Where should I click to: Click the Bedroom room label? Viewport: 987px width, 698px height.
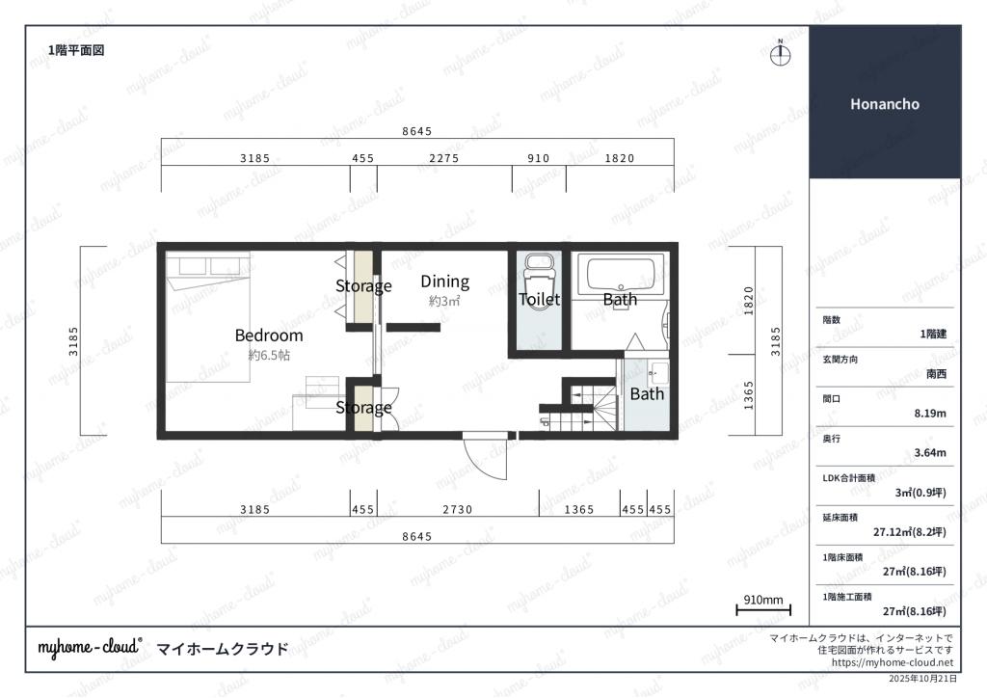(x=269, y=336)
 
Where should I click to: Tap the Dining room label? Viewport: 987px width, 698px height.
(x=445, y=282)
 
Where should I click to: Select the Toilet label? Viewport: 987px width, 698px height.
(x=540, y=300)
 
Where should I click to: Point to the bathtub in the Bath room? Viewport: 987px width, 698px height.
(x=621, y=275)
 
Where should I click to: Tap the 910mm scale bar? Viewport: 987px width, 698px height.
(x=763, y=609)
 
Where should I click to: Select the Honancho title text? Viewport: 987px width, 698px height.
(x=885, y=104)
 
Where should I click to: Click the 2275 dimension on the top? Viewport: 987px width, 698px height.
(x=444, y=159)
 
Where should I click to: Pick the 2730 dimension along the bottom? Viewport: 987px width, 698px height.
(x=458, y=509)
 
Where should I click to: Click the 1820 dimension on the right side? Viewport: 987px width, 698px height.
(x=748, y=301)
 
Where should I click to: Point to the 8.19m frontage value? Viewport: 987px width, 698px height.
(x=930, y=414)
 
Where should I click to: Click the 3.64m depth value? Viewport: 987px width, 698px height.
(x=930, y=452)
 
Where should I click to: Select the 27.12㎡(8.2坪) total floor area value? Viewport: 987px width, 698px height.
(x=910, y=532)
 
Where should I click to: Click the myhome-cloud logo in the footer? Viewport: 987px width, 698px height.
(x=90, y=648)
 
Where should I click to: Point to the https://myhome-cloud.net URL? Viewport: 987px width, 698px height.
(x=892, y=662)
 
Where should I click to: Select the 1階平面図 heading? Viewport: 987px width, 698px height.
(x=76, y=50)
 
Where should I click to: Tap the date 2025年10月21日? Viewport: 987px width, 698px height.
(x=922, y=679)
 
